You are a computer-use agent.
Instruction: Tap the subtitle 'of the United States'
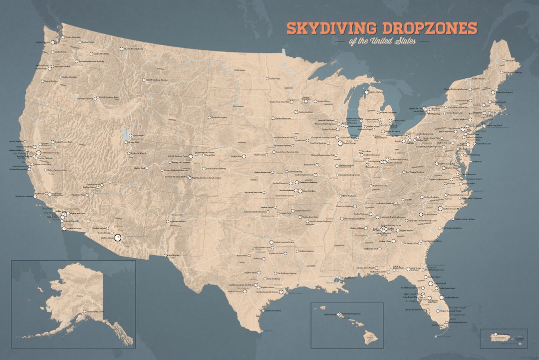[382, 41]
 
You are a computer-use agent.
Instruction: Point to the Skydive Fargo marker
[267, 78]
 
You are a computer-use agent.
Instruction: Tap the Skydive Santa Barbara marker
[36, 196]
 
